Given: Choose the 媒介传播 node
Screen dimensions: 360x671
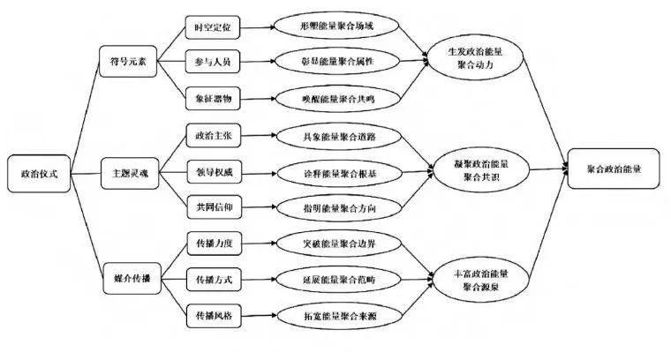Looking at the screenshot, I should pos(129,278).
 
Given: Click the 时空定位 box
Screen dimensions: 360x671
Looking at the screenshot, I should pos(213,27).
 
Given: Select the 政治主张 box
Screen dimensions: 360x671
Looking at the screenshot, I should pos(213,137).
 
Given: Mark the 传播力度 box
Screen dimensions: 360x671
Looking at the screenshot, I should pos(213,243).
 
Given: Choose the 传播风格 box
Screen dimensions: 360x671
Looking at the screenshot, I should pos(213,315).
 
